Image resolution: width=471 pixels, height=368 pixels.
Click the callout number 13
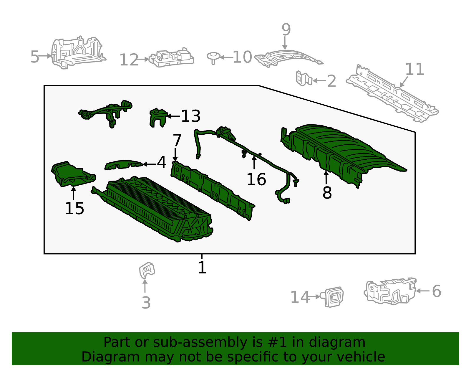click(x=190, y=116)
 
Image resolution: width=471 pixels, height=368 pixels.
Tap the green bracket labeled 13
click(x=157, y=117)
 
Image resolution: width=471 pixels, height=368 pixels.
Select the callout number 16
click(x=256, y=179)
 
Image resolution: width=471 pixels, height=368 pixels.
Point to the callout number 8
click(x=327, y=193)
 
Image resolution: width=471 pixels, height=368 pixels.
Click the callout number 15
click(x=74, y=208)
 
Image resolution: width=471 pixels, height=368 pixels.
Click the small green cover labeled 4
click(x=124, y=165)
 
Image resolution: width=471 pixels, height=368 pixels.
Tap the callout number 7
click(x=177, y=140)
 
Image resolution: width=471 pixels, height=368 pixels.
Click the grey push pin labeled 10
click(x=213, y=57)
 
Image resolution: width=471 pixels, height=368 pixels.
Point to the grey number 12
click(x=129, y=60)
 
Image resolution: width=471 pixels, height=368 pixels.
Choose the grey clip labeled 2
click(x=303, y=78)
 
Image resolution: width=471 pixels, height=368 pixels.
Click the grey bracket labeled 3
click(x=147, y=270)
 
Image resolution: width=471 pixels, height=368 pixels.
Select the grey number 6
click(x=437, y=291)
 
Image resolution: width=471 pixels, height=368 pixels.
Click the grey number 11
click(x=414, y=69)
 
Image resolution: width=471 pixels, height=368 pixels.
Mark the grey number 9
click(x=286, y=29)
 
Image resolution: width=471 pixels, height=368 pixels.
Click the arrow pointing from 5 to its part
click(x=46, y=56)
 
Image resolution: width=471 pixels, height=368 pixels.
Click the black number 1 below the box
click(x=202, y=268)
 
